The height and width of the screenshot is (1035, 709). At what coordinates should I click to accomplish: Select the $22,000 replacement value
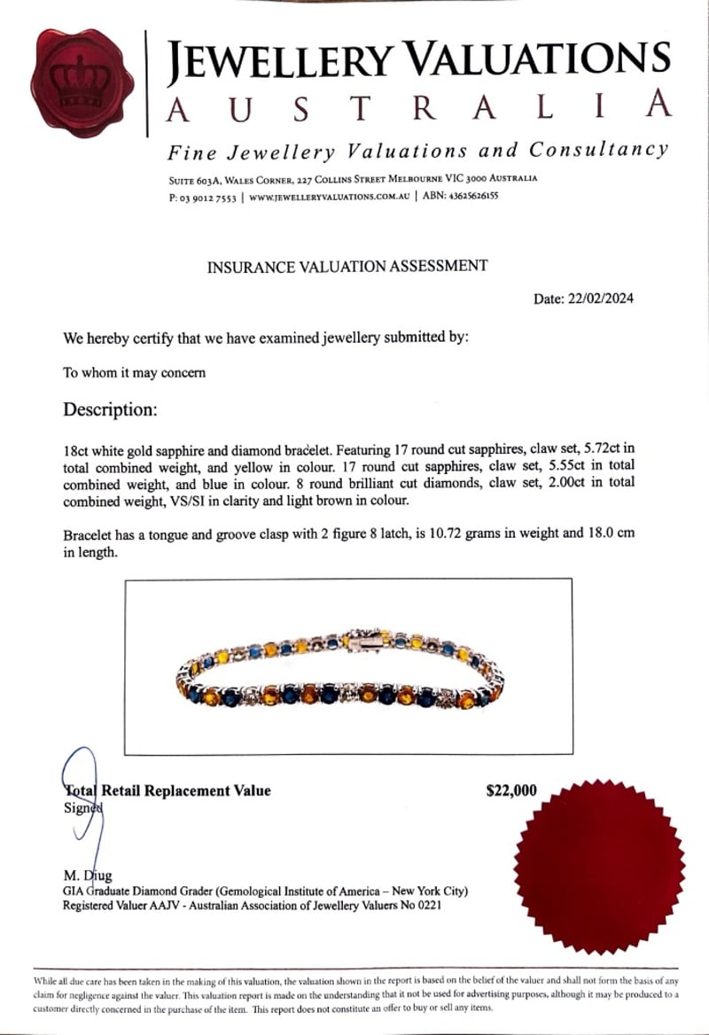(x=511, y=790)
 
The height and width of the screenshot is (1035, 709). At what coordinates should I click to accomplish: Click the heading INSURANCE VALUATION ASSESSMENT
(x=347, y=266)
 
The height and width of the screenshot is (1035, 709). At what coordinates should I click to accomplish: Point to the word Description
(x=110, y=410)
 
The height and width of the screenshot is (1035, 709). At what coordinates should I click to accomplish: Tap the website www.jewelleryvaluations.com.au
(x=329, y=197)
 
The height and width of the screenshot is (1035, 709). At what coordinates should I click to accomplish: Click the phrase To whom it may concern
(x=134, y=372)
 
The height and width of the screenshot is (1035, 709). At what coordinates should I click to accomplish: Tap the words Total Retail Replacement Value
(x=168, y=790)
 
